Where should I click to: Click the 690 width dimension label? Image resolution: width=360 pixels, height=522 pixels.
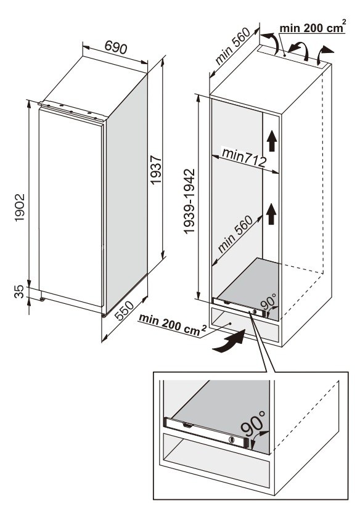[x=115, y=47]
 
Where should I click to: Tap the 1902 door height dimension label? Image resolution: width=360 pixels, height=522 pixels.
[x=20, y=208]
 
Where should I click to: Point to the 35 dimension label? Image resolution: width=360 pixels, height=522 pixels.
[x=20, y=292]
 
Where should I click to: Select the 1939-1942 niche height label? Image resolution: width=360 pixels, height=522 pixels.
[x=189, y=202]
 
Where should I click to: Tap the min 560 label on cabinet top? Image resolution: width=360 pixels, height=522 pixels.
[x=232, y=46]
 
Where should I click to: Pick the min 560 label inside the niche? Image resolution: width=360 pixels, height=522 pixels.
[x=235, y=234]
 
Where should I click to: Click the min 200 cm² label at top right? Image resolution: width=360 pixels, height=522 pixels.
[x=312, y=27]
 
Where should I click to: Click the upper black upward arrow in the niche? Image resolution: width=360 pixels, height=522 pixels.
[x=272, y=141]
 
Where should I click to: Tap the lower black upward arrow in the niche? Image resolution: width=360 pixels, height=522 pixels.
[x=272, y=214]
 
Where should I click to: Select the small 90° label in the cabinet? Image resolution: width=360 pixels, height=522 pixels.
[x=268, y=301]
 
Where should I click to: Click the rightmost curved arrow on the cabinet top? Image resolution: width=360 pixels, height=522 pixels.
[x=324, y=55]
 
